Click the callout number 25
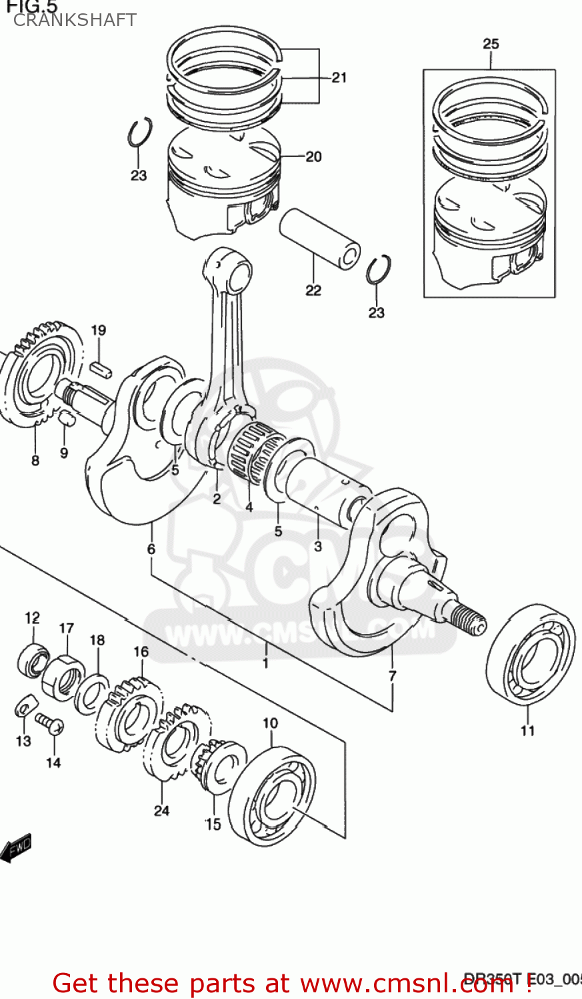pyautogui.click(x=490, y=44)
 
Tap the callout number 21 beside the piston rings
pyautogui.click(x=339, y=78)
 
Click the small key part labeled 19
pyautogui.click(x=100, y=368)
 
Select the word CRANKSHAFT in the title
pyautogui.click(x=75, y=20)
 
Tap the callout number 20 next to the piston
pyautogui.click(x=313, y=157)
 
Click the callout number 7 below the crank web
pyautogui.click(x=392, y=675)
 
